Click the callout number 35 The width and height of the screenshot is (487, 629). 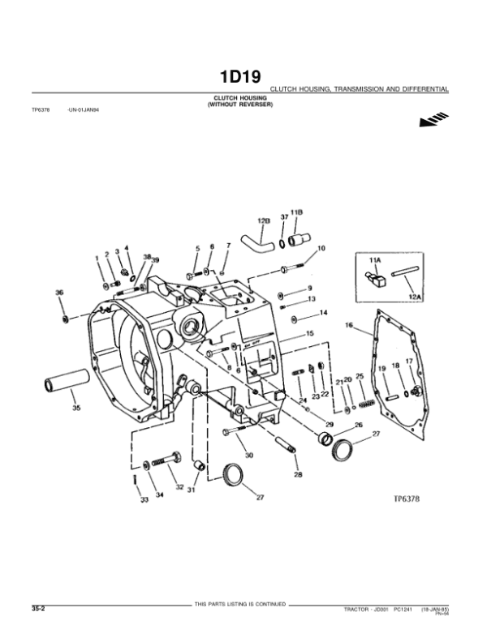click(x=76, y=408)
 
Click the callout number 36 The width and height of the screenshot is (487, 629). click(x=58, y=293)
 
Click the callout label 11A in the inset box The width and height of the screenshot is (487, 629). click(x=374, y=261)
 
